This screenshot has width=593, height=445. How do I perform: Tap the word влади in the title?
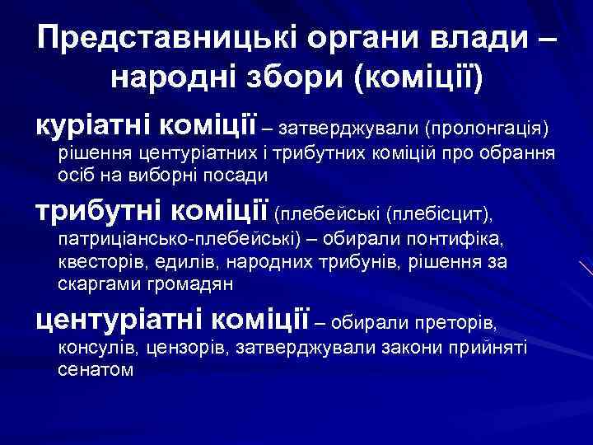click(x=455, y=39)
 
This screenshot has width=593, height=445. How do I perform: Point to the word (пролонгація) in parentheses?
click(x=487, y=129)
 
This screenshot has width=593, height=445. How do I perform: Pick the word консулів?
click(x=93, y=349)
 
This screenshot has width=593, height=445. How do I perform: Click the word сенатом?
click(x=95, y=370)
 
